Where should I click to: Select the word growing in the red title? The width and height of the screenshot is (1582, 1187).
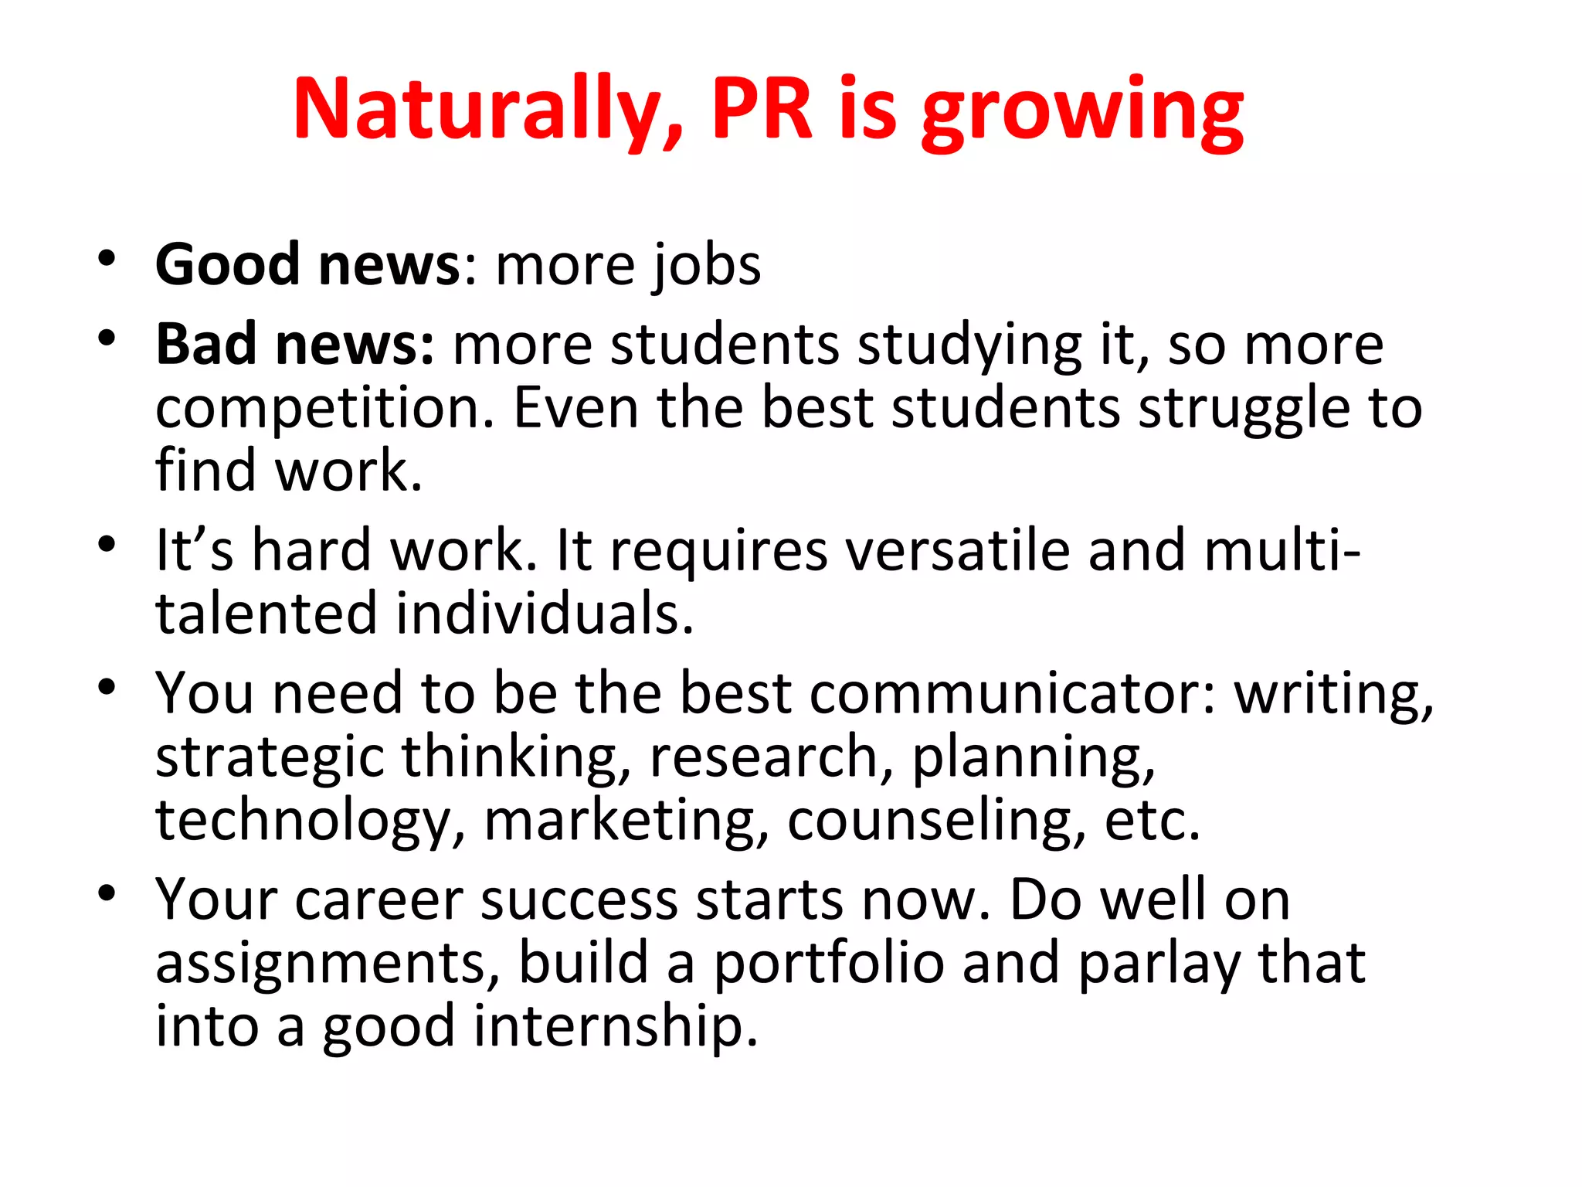point(1082,113)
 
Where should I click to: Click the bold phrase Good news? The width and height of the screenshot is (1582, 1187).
point(308,264)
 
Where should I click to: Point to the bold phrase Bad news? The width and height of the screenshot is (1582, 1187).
point(295,344)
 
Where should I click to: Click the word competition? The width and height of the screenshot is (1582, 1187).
point(324,408)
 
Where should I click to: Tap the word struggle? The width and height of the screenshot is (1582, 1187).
point(1244,408)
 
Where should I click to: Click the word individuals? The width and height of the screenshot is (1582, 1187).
point(545,614)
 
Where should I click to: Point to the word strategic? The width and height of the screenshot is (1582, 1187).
point(270,757)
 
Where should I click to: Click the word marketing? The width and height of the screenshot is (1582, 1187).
point(626,821)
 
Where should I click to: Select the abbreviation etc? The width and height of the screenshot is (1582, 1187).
point(1153,821)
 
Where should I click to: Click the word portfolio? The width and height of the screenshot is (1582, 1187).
point(829,964)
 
